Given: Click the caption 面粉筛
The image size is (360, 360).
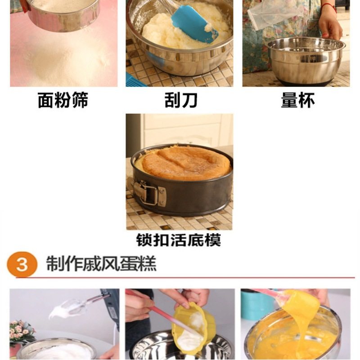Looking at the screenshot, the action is pos(63,100).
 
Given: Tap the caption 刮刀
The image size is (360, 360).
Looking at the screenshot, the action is pos(181,100).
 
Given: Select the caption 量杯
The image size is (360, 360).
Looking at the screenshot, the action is pos(298,100).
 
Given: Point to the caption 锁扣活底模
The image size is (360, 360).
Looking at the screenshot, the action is pos(179,240).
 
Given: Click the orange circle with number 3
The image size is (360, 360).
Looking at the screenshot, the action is pos(22,264).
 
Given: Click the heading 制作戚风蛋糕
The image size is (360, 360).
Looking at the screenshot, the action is pos(101,263).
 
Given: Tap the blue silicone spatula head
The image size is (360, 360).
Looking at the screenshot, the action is pos(194,24).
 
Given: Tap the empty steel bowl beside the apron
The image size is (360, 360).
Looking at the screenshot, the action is pos(306,61).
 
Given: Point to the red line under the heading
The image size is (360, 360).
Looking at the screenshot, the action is pos(185,278).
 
